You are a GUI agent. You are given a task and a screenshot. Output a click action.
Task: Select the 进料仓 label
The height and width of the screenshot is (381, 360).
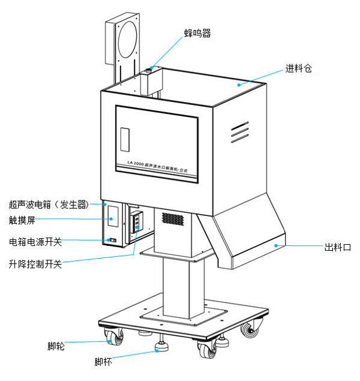click(x=298, y=68)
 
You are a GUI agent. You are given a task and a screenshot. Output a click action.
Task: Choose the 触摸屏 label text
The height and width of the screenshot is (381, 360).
click(x=22, y=220)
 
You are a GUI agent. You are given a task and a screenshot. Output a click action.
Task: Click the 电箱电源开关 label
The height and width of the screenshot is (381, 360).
click(x=35, y=242)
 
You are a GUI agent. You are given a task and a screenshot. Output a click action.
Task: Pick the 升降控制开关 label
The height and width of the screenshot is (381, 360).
click(x=35, y=263)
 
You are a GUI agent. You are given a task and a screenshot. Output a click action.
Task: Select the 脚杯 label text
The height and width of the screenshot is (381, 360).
click(x=103, y=362)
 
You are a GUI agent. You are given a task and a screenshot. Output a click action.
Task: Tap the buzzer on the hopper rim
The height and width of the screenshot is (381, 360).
click(x=148, y=71)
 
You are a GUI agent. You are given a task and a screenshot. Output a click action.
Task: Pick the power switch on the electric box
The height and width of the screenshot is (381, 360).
click(x=112, y=241)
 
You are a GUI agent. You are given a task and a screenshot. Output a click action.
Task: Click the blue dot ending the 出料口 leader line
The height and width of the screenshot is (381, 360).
click(x=275, y=245)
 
